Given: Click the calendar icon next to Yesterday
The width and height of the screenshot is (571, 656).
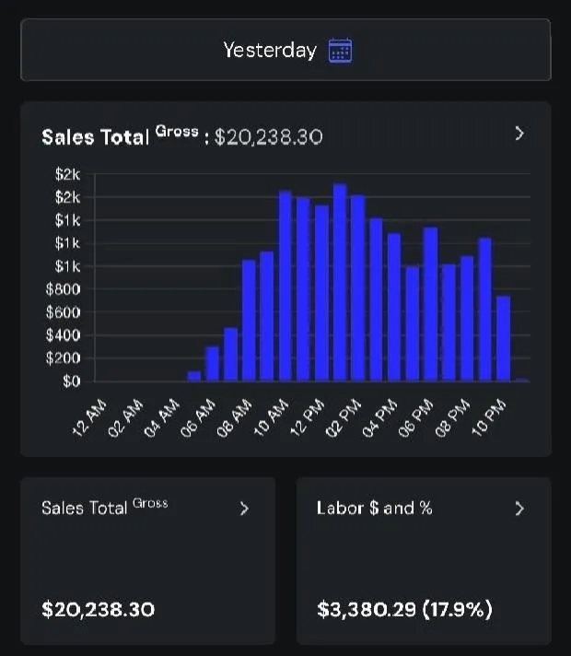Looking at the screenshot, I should click(341, 50).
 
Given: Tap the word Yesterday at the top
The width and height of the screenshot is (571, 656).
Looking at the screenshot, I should click(269, 50).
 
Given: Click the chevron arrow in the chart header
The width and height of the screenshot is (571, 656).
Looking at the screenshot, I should click(519, 134).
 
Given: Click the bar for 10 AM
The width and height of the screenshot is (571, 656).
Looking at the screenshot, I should click(285, 286).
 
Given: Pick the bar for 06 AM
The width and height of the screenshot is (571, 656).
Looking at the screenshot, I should click(213, 363).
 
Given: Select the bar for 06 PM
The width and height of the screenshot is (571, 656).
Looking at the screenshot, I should click(430, 304).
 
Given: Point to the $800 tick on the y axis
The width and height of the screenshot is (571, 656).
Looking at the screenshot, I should click(68, 289).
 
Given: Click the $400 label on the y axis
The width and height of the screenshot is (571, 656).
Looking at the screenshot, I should click(68, 335).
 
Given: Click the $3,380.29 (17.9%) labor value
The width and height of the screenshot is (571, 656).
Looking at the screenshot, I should click(404, 609).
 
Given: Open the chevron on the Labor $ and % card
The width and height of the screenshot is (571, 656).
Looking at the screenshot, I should click(519, 508).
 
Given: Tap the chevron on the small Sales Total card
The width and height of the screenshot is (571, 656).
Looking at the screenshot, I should click(244, 508).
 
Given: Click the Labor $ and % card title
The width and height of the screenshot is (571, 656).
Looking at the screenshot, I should click(374, 508).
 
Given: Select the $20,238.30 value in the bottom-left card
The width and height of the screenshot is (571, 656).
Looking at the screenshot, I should click(98, 609).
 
